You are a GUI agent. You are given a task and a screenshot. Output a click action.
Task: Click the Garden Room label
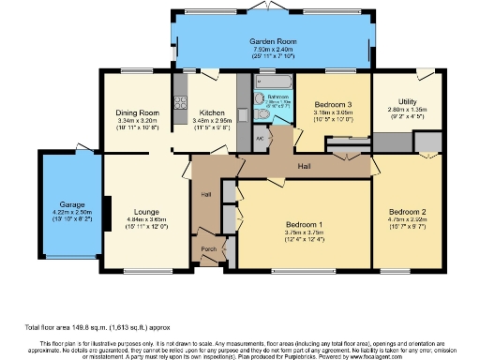[x=273, y=42]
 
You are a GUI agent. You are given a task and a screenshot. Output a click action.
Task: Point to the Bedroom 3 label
[x=333, y=104]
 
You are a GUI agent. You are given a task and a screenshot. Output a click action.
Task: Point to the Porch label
[x=207, y=249]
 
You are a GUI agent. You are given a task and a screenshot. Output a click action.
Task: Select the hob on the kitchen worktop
[x=180, y=98]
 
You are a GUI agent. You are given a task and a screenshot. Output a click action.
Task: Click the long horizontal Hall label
[x=304, y=165]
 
